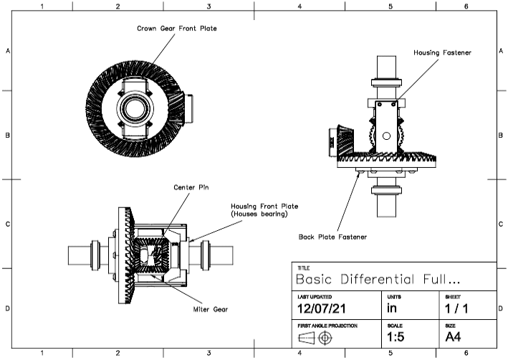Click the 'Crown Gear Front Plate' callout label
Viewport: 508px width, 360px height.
click(176, 29)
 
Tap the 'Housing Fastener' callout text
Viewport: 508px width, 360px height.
click(442, 52)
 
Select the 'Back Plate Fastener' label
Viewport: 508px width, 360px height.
click(332, 235)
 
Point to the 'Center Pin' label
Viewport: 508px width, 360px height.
click(191, 188)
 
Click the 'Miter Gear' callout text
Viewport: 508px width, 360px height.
click(211, 309)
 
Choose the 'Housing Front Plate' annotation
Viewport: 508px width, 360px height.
click(259, 210)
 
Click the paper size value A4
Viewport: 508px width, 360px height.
click(454, 336)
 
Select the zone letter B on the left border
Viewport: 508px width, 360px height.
click(8, 135)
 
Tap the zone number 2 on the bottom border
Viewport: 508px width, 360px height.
click(118, 353)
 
